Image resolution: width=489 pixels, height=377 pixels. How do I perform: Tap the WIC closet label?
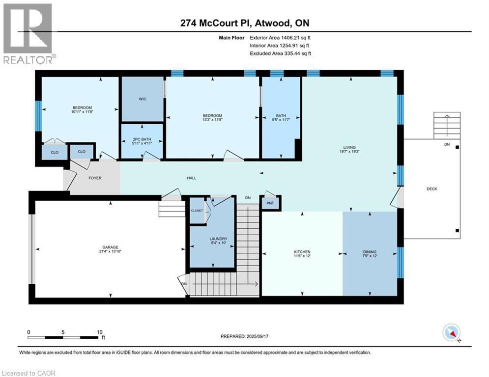point(143,99)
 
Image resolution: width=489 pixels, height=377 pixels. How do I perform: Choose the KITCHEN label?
point(302,252)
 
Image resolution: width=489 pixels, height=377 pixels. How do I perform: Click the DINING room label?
point(370,252)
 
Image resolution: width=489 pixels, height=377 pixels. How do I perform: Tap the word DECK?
point(431,189)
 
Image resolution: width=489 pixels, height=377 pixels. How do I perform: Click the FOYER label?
point(95,178)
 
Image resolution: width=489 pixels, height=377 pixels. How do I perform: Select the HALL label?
point(192,178)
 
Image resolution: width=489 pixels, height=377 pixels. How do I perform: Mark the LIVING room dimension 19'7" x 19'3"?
point(349,152)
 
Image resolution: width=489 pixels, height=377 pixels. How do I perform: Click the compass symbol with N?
point(451,333)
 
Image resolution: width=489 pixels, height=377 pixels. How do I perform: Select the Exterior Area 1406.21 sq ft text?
point(281,37)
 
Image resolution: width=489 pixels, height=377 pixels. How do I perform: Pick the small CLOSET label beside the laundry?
point(197,210)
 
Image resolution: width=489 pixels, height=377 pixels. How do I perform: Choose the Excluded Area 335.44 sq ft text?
point(281,54)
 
